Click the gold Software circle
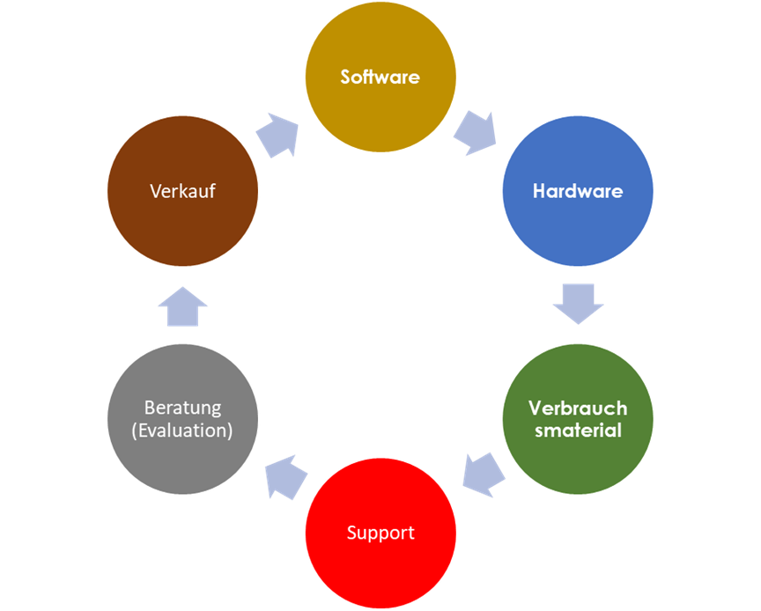click(380, 77)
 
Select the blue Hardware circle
click(578, 191)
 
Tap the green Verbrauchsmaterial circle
click(578, 419)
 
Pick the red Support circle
click(380, 534)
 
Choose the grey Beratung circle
click(182, 419)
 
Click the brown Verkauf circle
click(182, 191)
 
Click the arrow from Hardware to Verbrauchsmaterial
click(578, 305)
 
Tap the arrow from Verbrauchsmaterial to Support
click(484, 475)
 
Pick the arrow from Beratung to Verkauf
click(182, 306)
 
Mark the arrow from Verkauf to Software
click(277, 135)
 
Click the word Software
click(380, 77)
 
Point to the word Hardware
click(578, 191)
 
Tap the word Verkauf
click(182, 191)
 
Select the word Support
click(380, 534)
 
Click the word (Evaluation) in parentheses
click(182, 431)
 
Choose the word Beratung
click(182, 408)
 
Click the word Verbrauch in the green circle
click(578, 409)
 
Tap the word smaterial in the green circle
click(578, 431)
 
